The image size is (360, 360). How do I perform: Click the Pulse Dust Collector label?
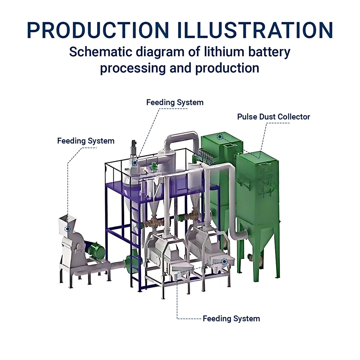(x=273, y=117)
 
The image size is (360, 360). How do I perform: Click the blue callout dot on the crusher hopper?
(x=67, y=229)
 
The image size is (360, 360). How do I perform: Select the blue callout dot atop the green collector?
(x=219, y=137)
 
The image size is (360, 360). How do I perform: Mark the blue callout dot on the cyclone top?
(x=135, y=162)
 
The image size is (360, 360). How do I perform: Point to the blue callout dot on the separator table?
(x=224, y=261)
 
